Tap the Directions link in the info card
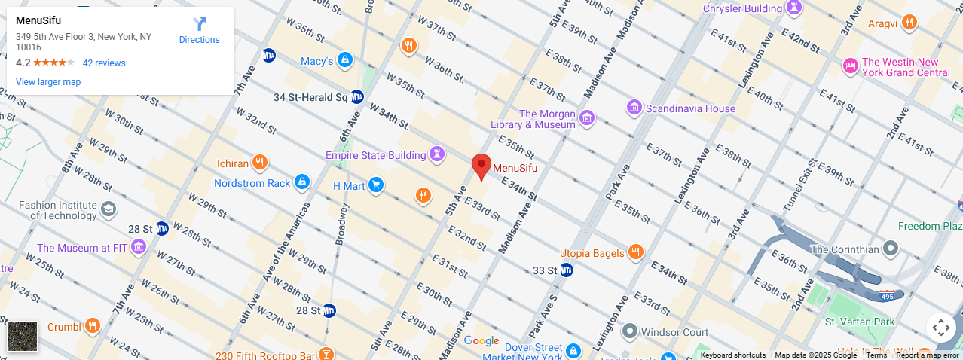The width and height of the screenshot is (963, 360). (199, 31)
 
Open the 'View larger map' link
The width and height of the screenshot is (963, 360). (48, 82)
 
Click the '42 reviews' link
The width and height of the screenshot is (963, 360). (104, 63)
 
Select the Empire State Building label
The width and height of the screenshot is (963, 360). (375, 155)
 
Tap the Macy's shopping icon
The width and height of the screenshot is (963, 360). (345, 60)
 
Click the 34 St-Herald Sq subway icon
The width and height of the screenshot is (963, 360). (357, 97)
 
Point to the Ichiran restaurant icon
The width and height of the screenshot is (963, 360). (260, 163)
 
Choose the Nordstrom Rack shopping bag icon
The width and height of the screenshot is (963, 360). (301, 182)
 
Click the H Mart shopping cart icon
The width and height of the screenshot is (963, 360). (376, 185)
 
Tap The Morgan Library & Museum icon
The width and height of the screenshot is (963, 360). (587, 117)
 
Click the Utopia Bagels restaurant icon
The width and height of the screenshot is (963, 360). (636, 252)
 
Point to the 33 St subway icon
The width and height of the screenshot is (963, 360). (567, 270)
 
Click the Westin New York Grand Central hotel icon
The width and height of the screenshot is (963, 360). (851, 66)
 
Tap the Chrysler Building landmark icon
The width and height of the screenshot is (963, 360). (793, 8)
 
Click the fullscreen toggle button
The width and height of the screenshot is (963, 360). (940, 328)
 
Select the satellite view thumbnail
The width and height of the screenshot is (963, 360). (23, 336)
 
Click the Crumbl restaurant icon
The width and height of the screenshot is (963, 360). (93, 327)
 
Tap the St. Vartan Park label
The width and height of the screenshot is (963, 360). (859, 322)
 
